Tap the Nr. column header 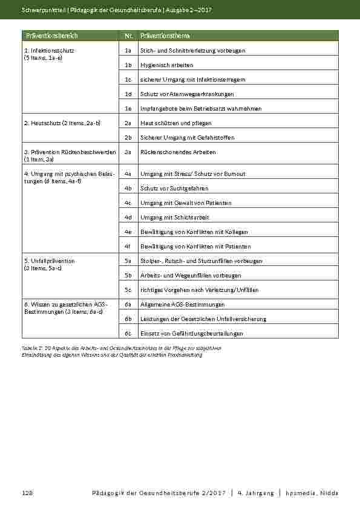pyautogui.click(x=128, y=36)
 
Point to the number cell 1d pyautogui.click(x=128, y=94)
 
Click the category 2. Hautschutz pyautogui.click(x=61, y=123)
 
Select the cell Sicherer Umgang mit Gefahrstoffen pyautogui.click(x=187, y=138)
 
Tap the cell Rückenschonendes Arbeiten pyautogui.click(x=178, y=152)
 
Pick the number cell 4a pyautogui.click(x=128, y=174)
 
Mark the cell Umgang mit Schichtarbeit pyautogui.click(x=175, y=218)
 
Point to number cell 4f pyautogui.click(x=128, y=247)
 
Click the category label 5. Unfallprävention pyautogui.click(x=49, y=261)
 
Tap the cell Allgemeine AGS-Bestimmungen pyautogui.click(x=183, y=305)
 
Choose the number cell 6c pyautogui.click(x=128, y=334)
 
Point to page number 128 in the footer pyautogui.click(x=27, y=493)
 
